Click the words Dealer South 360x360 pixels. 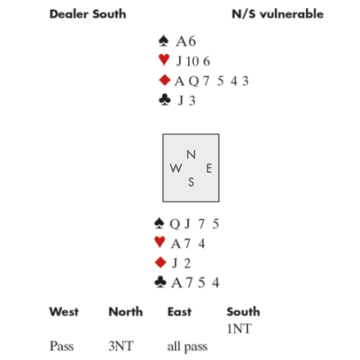click(x=88, y=14)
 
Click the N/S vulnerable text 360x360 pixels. click(x=277, y=14)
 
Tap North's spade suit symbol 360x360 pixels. click(x=164, y=41)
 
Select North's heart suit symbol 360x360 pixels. click(x=164, y=60)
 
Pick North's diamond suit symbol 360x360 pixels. click(x=164, y=80)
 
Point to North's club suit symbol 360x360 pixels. click(x=164, y=100)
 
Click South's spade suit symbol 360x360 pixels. click(x=160, y=223)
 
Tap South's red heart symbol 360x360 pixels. click(x=160, y=242)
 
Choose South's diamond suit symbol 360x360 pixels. click(x=160, y=263)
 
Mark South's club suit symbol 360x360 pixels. click(x=160, y=282)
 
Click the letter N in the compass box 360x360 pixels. click(x=191, y=155)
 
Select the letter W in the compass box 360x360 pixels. click(x=176, y=169)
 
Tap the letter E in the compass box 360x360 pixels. click(x=209, y=169)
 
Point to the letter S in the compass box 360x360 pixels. click(x=191, y=182)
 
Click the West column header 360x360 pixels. click(x=64, y=312)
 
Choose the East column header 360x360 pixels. click(x=179, y=312)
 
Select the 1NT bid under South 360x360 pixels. click(x=239, y=329)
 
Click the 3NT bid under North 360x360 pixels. click(x=121, y=346)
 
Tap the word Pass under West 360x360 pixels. click(x=61, y=346)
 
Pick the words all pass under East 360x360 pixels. click(x=187, y=347)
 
